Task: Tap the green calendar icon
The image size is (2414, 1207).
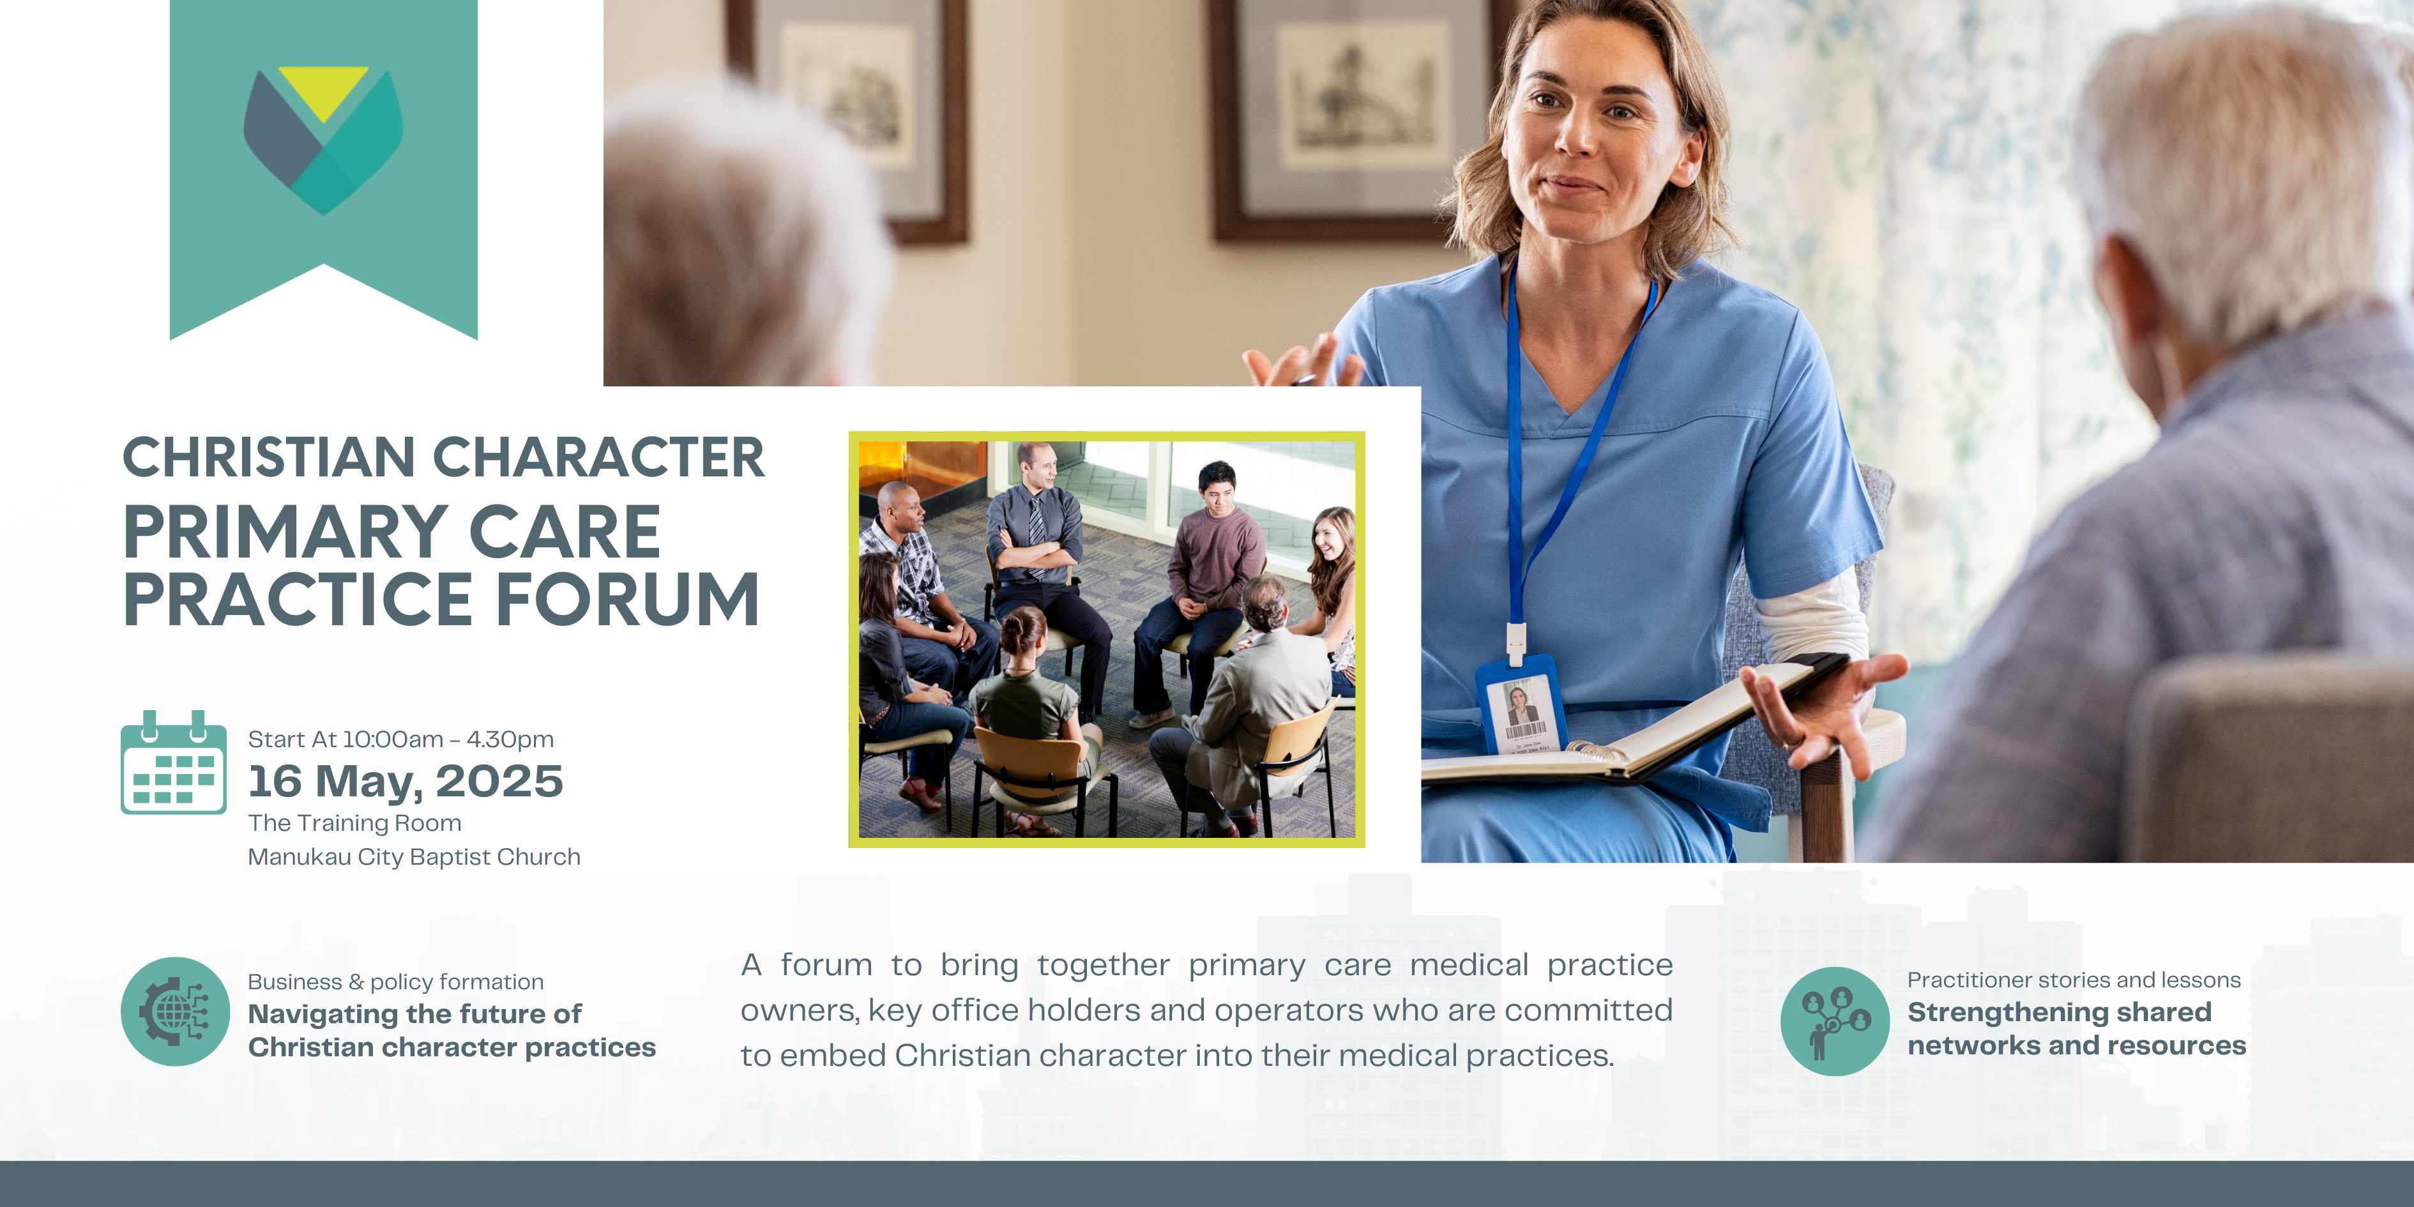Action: point(173,763)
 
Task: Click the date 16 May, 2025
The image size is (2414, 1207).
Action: point(405,782)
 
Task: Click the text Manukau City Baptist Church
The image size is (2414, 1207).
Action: point(414,856)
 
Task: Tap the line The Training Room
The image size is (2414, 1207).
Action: point(354,823)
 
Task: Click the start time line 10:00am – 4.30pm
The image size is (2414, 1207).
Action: point(401,740)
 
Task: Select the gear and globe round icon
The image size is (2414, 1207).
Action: point(175,1011)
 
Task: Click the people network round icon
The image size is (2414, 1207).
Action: point(1835,1021)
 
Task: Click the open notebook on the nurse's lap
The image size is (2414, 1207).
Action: point(1630,726)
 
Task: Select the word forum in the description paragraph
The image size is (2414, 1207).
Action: point(826,964)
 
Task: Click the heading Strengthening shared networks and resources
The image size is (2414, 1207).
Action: point(2077,1028)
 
